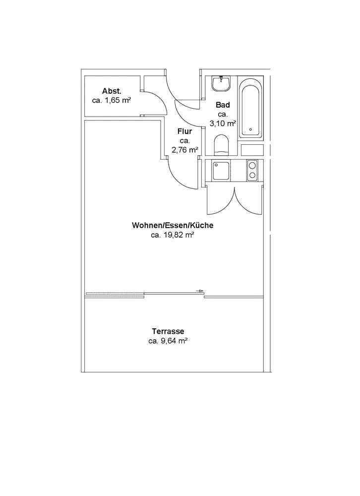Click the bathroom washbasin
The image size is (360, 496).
221,84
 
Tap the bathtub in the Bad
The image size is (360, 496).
251,108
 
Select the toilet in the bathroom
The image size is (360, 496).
221,146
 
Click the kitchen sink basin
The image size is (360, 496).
221,171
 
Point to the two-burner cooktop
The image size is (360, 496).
252,171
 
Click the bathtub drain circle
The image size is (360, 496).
251,126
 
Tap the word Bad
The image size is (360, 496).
223,105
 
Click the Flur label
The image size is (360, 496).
184,131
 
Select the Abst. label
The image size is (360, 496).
112,91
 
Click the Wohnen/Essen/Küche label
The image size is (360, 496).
172,226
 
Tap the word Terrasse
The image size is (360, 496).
168,331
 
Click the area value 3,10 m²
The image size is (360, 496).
223,124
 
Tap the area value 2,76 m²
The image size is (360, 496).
185,150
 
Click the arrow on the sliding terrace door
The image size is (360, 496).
200,291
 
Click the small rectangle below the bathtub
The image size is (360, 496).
252,149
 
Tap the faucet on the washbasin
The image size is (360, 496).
221,79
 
